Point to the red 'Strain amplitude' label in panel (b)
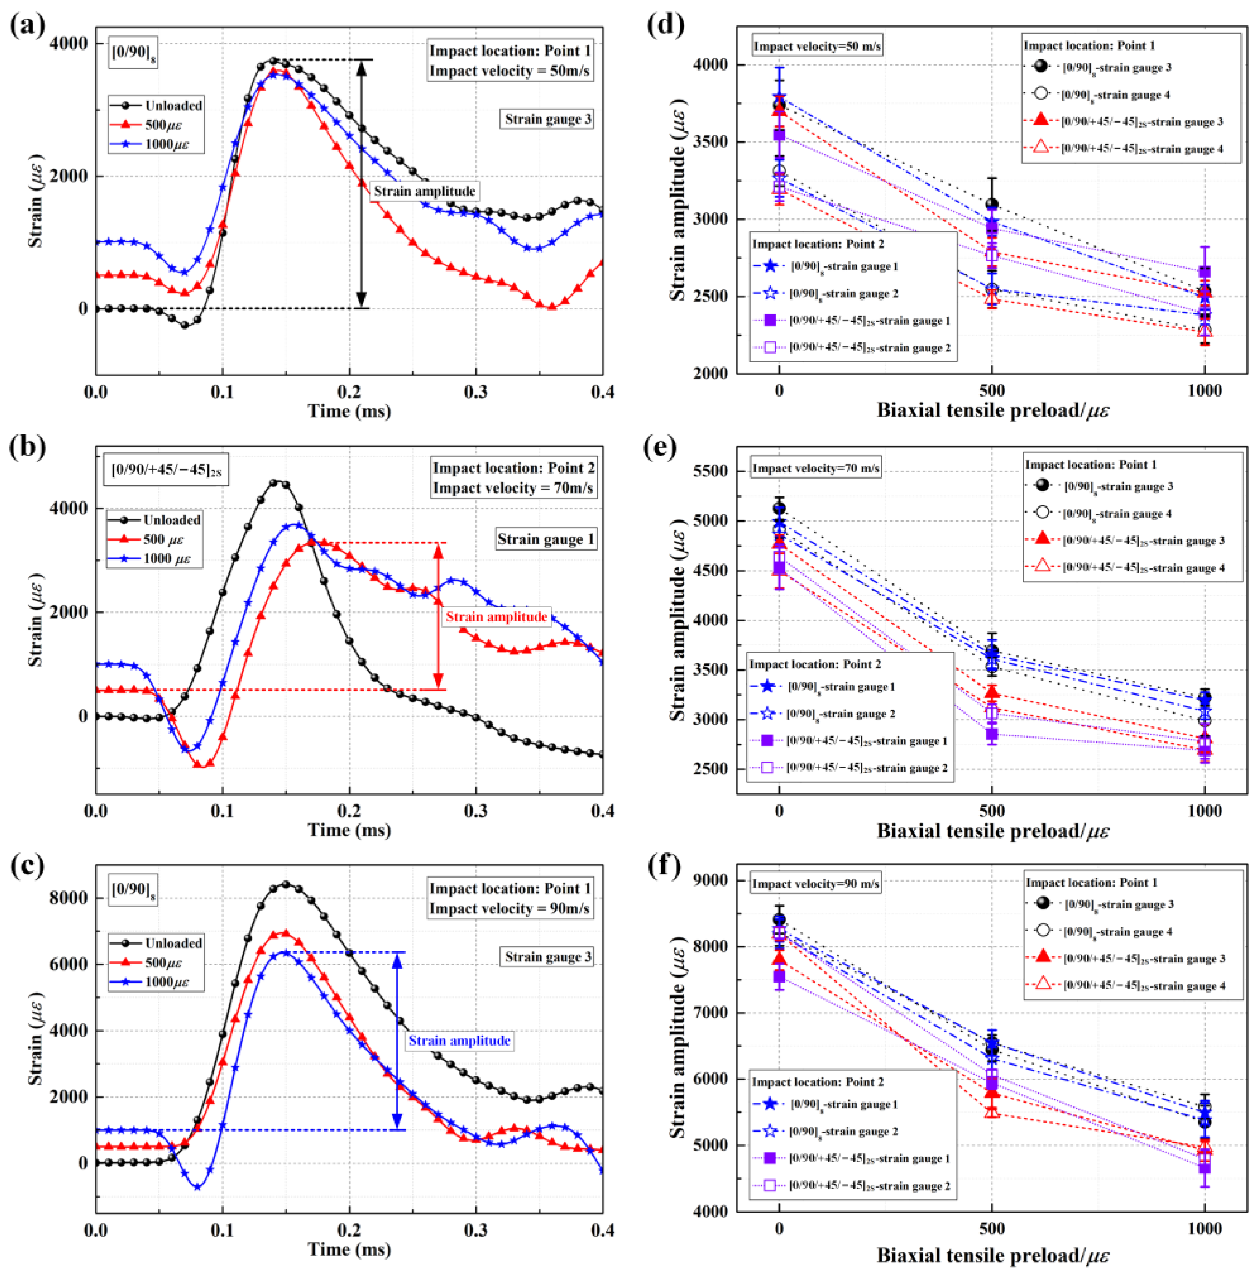click(x=496, y=617)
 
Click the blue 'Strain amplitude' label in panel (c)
click(x=459, y=1041)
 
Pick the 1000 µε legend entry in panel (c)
click(x=166, y=981)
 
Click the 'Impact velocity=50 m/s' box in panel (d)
click(x=817, y=46)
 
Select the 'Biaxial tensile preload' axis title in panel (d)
click(x=992, y=410)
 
